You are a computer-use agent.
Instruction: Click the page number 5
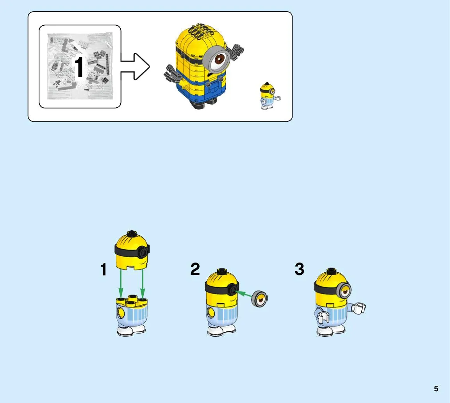click(x=436, y=389)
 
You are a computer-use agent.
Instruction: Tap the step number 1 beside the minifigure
click(x=104, y=270)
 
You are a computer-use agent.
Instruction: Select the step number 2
click(x=195, y=269)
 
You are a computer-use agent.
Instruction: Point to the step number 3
click(x=299, y=269)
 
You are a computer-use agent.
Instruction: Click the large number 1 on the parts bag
click(x=79, y=67)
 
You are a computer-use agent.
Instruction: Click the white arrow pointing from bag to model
click(x=135, y=66)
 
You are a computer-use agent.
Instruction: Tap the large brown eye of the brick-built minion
click(x=220, y=59)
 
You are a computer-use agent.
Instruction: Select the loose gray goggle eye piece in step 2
click(x=259, y=299)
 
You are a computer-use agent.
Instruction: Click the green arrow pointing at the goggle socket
click(x=243, y=294)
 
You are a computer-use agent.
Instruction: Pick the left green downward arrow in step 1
click(x=121, y=283)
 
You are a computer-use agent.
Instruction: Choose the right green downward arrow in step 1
click(x=143, y=283)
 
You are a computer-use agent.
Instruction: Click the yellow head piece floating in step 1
click(x=132, y=250)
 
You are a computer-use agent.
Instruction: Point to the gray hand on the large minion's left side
click(x=173, y=73)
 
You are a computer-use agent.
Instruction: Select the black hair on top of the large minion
click(x=200, y=30)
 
